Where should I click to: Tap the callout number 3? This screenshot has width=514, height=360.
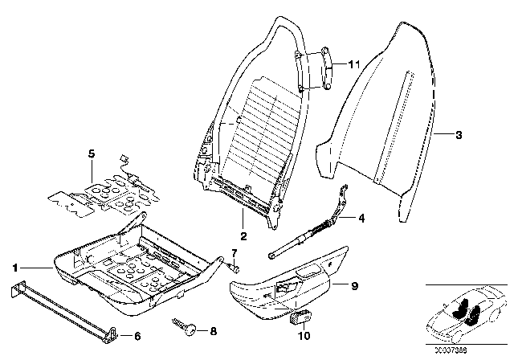click(458, 136)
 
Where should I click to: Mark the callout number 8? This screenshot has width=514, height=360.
click(212, 329)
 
